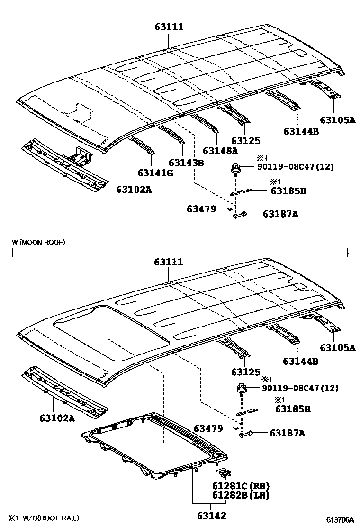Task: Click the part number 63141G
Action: pyautogui.click(x=155, y=173)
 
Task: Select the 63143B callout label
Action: pyautogui.click(x=186, y=163)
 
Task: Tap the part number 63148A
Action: pyautogui.click(x=220, y=151)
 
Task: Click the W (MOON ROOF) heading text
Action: pyautogui.click(x=38, y=242)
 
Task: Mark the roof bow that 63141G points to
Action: pyautogui.click(x=142, y=145)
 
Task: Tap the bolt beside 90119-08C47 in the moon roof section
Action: pyautogui.click(x=242, y=390)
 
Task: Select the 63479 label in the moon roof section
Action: pyautogui.click(x=208, y=428)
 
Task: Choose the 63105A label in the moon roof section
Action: pyautogui.click(x=337, y=348)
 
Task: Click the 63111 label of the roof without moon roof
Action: pyautogui.click(x=169, y=27)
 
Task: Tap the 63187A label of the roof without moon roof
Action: pyautogui.click(x=280, y=214)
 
